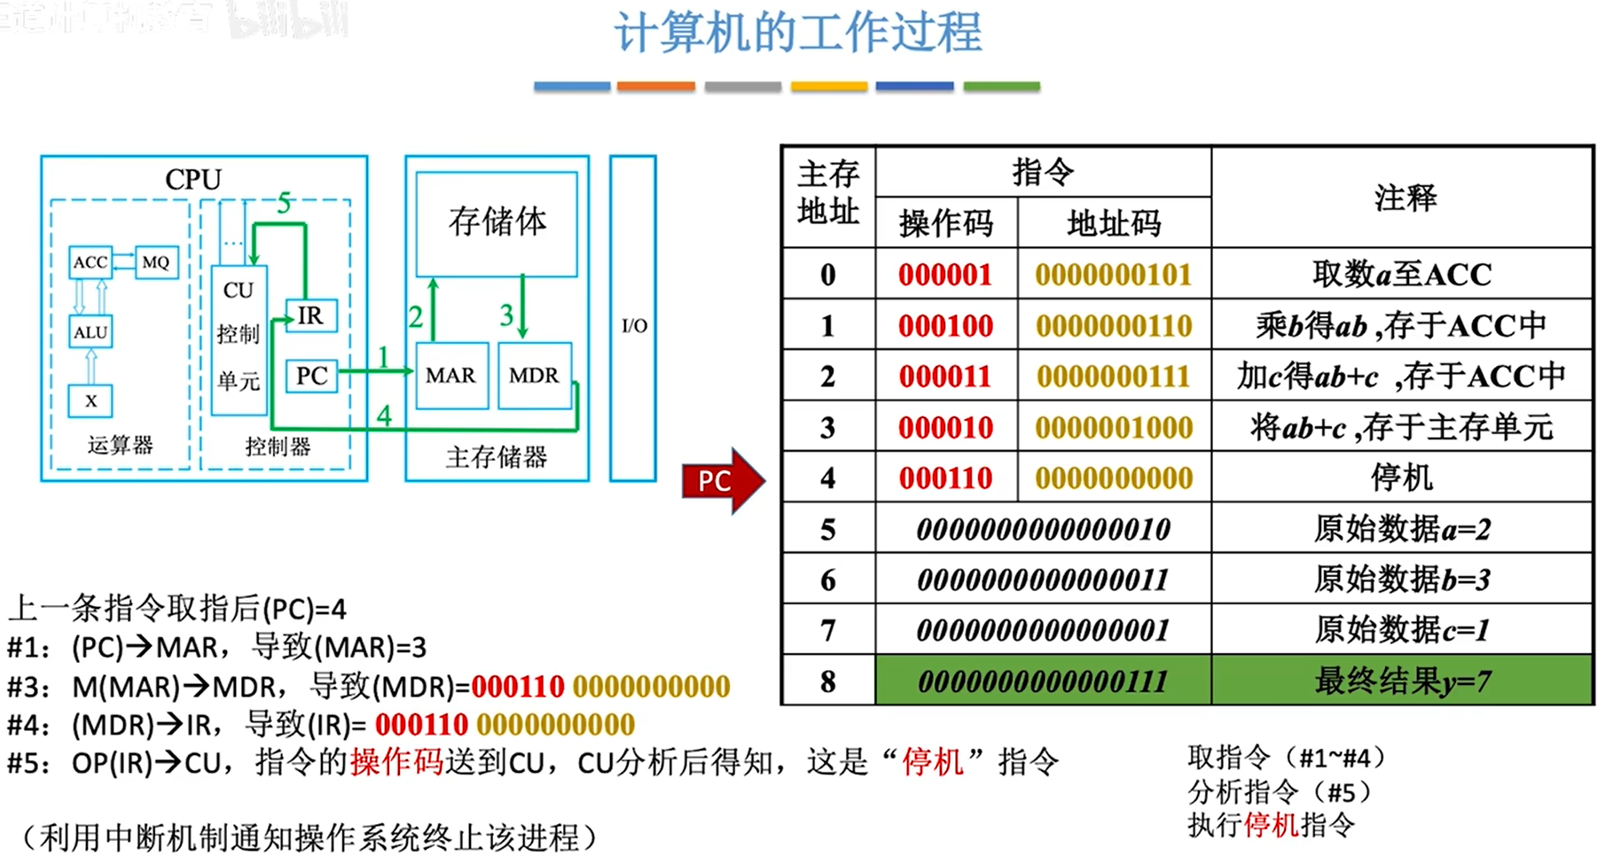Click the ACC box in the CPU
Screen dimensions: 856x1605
coord(90,262)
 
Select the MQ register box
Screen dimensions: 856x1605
coord(156,262)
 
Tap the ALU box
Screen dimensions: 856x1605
coord(90,332)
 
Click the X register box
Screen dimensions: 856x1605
coord(90,401)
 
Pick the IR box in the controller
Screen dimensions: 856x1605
coord(310,315)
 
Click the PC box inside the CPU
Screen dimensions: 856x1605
coord(311,376)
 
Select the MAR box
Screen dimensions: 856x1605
coord(451,376)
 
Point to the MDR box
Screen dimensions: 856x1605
coord(534,376)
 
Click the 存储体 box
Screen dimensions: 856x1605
coord(497,222)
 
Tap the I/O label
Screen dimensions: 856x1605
coord(634,326)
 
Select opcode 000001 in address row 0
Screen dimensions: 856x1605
coord(945,275)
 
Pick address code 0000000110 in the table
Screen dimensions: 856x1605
coord(1114,326)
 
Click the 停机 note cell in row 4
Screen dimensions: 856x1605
coord(1402,479)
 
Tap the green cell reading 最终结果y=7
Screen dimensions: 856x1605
coord(1402,681)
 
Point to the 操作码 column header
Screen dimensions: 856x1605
coord(946,223)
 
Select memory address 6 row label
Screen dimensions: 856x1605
coord(827,580)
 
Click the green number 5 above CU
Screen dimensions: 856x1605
coord(285,203)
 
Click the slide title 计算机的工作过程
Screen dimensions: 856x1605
coord(798,34)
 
